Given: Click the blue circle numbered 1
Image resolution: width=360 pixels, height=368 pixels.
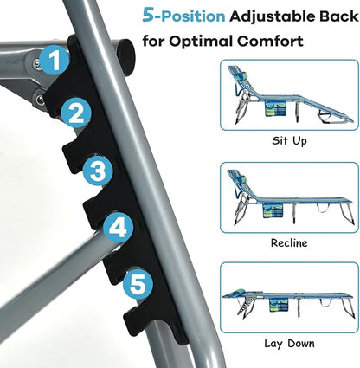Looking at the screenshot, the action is [54, 60].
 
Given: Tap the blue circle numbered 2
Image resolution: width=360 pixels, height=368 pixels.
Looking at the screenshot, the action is [76, 113].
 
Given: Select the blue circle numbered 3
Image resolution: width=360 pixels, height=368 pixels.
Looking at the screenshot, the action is [98, 171].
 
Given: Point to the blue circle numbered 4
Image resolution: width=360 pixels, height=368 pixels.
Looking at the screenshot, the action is [118, 229].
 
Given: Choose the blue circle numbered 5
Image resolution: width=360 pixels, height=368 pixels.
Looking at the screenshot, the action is [138, 284].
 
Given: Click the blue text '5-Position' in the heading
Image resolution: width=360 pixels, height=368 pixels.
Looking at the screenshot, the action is [183, 16].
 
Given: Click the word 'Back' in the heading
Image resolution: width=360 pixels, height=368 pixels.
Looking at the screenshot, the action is [338, 16].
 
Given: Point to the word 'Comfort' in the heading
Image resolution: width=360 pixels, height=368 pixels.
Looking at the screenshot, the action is [270, 41].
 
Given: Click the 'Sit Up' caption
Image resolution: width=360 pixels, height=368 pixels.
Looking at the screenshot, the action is [289, 141].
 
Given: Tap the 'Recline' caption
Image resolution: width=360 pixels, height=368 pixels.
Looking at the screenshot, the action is [289, 242].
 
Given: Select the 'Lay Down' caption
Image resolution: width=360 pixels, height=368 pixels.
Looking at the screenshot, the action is [289, 344].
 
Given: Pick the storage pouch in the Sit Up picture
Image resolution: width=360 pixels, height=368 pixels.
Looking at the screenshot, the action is [275, 109].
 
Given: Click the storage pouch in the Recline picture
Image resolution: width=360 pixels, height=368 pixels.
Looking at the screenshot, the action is [273, 211].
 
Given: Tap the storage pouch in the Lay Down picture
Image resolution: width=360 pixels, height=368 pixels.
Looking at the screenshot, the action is [279, 305].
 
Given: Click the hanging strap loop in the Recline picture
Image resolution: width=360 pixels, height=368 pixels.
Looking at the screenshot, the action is [323, 209].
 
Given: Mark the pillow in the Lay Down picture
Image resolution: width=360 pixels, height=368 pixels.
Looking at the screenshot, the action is [239, 291].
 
